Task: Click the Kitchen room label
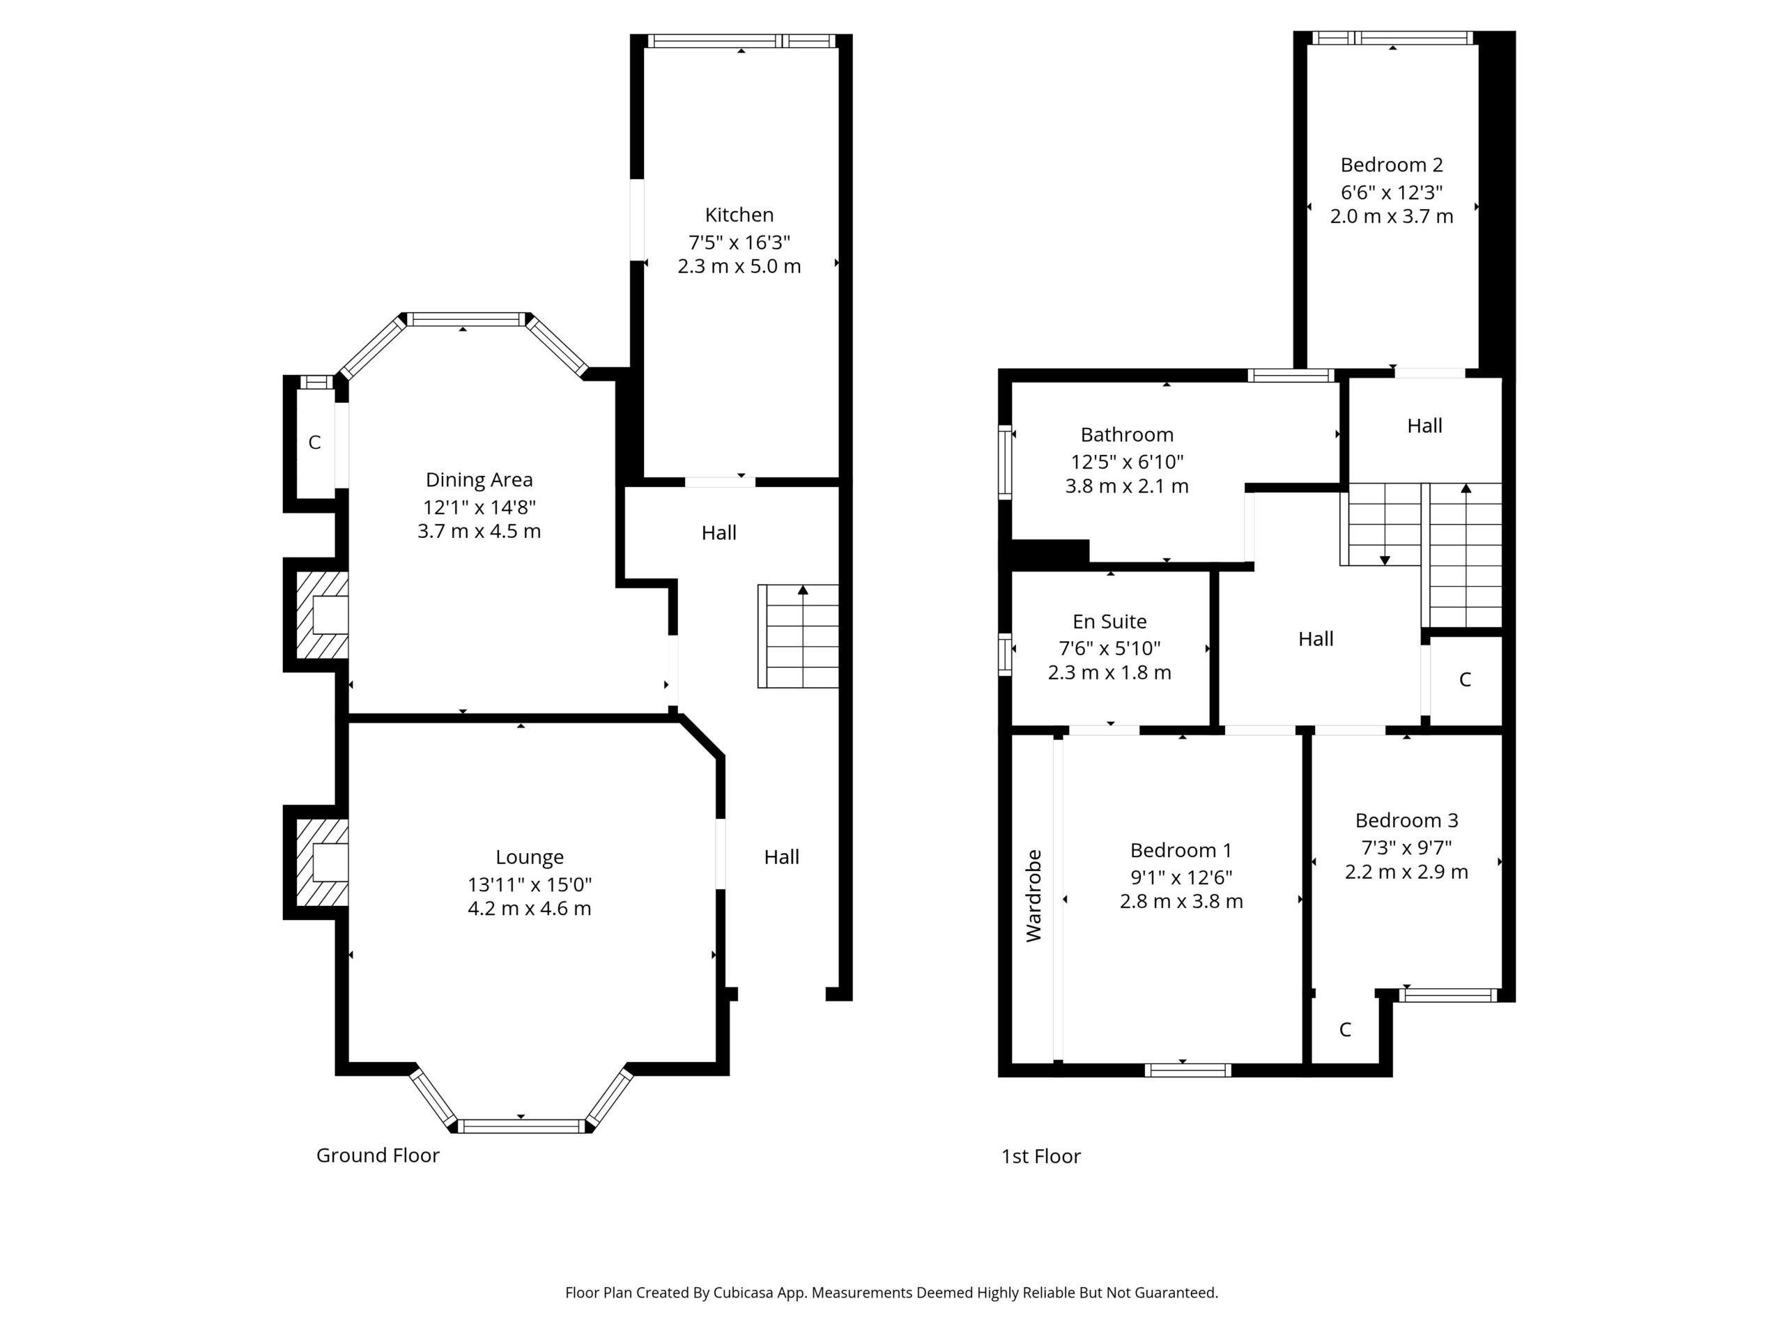(739, 215)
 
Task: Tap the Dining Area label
(479, 480)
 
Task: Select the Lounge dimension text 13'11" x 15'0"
(530, 884)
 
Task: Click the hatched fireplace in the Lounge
(323, 862)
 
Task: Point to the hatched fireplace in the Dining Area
(323, 615)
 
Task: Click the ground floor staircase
(798, 636)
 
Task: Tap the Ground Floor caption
(378, 1155)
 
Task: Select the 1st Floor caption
(1040, 1155)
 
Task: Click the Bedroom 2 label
(1391, 164)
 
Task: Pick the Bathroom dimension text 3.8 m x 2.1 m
(1127, 486)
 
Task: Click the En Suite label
(1109, 621)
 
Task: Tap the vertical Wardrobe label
(1034, 895)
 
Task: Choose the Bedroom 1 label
(1181, 850)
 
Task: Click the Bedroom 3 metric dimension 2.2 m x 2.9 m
(1406, 872)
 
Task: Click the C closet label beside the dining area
(314, 442)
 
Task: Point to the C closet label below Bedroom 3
(1344, 1029)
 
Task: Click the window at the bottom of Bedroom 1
(1187, 1070)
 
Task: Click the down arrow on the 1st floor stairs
(1385, 560)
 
